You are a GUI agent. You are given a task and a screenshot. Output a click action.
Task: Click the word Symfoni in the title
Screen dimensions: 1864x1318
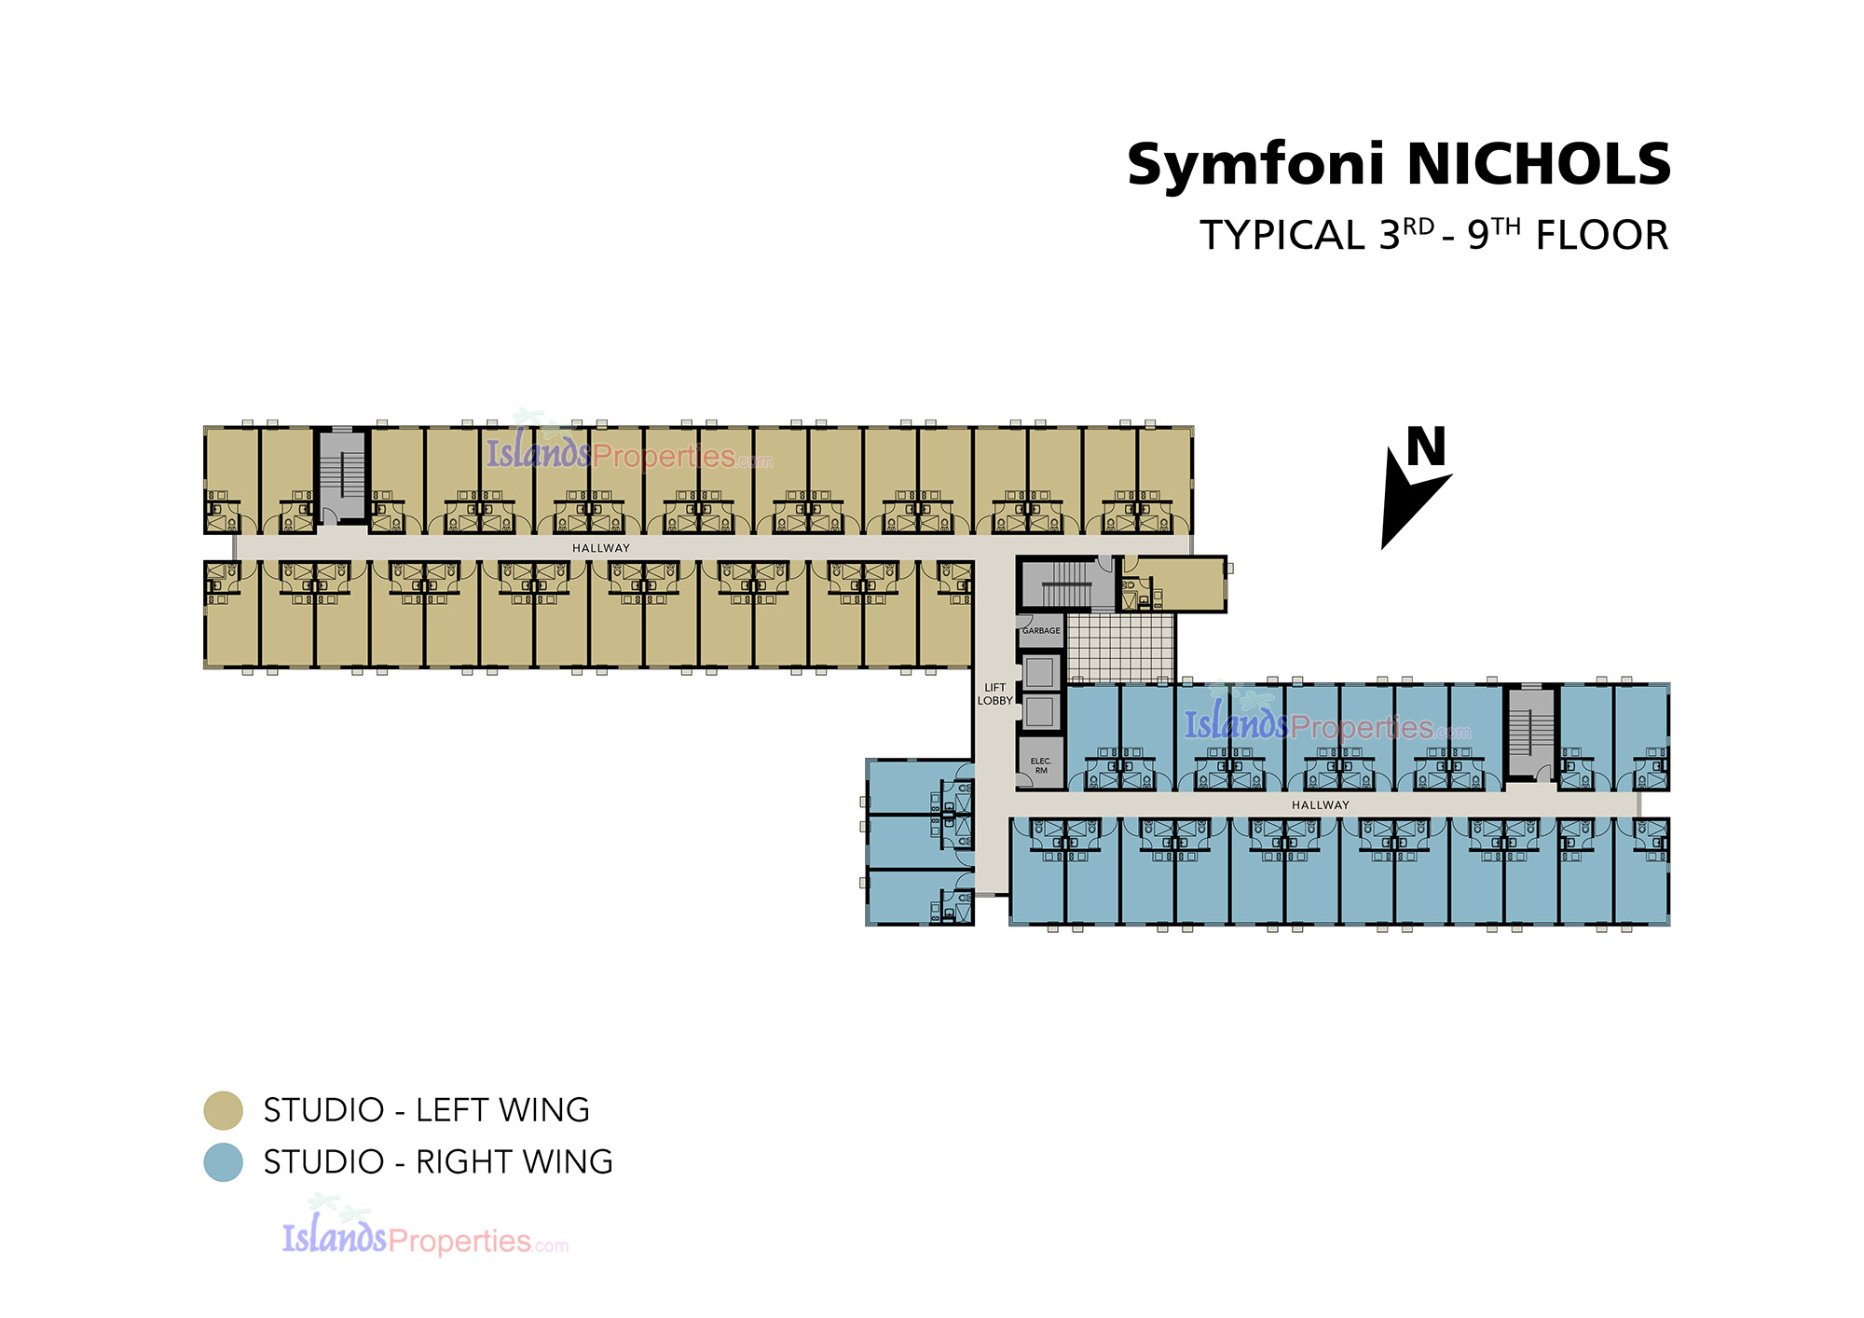1255,165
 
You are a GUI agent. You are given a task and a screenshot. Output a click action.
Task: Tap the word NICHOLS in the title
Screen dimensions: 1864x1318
1539,164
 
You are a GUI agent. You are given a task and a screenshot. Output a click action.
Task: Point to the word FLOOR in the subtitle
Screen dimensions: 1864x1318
1602,235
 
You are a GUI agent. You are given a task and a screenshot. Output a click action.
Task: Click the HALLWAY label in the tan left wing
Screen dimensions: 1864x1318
601,548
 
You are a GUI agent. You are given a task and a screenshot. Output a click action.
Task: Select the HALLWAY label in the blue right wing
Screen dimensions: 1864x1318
1321,804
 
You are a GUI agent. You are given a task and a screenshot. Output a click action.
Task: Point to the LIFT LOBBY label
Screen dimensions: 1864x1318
994,693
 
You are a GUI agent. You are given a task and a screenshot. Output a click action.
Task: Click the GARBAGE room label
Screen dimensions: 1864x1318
1041,631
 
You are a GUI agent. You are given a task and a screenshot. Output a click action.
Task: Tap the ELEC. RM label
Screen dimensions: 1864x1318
1041,765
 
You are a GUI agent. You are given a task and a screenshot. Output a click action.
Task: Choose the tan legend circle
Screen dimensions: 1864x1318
224,1110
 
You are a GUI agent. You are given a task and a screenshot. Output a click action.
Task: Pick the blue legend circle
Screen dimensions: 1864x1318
224,1162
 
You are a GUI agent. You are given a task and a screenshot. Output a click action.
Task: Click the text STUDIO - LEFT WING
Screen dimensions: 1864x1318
427,1110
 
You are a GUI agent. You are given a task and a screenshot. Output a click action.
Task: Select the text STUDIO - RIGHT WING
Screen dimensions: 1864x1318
438,1162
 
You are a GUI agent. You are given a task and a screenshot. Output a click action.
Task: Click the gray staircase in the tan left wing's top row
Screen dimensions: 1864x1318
342,475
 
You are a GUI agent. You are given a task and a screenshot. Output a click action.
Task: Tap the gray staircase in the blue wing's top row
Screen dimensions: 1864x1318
1530,732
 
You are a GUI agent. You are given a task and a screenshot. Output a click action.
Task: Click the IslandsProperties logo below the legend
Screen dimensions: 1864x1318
425,1228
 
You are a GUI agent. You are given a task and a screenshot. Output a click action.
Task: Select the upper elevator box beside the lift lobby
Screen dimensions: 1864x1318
1039,670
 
